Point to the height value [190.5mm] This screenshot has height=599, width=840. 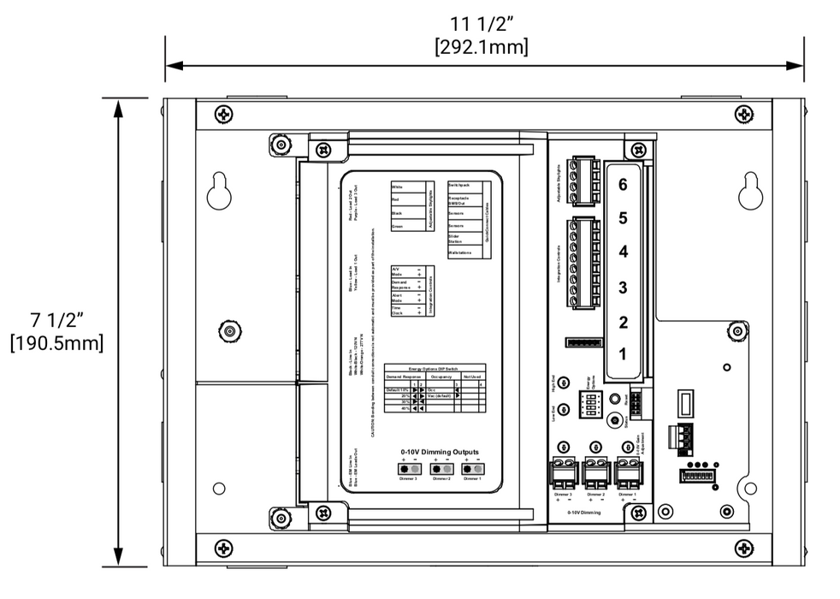(56, 343)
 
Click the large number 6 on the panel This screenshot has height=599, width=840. (623, 184)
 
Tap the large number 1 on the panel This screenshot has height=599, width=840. (623, 353)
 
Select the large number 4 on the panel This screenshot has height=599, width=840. (623, 252)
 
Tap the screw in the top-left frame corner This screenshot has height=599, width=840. (223, 114)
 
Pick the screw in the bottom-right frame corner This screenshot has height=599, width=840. (748, 545)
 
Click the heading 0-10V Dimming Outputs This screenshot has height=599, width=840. (440, 452)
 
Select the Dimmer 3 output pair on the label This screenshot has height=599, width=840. (408, 469)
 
